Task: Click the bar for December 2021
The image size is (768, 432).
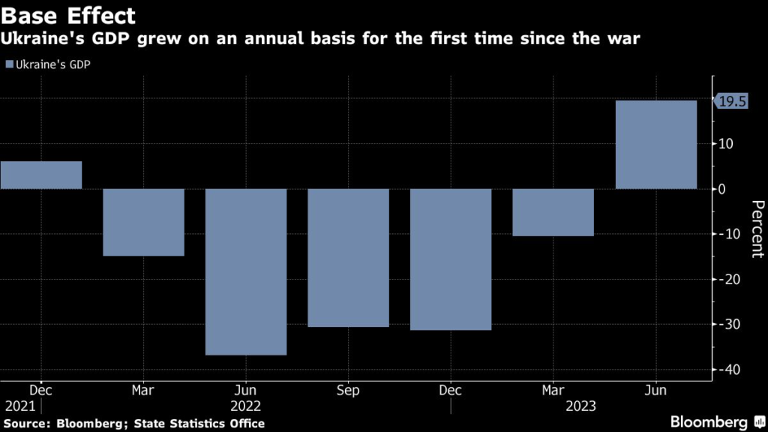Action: pyautogui.click(x=40, y=175)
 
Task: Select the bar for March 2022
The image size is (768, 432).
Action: pyautogui.click(x=143, y=222)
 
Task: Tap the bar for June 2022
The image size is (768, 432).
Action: pyautogui.click(x=246, y=271)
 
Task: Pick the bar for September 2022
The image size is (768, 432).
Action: pyautogui.click(x=348, y=257)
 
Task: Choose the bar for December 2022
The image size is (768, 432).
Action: pyautogui.click(x=451, y=259)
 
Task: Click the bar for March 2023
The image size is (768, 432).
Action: pyautogui.click(x=553, y=212)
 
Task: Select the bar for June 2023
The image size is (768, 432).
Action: pyautogui.click(x=656, y=144)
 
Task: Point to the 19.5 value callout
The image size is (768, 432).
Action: pyautogui.click(x=732, y=103)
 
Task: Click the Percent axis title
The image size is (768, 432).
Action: pyautogui.click(x=757, y=229)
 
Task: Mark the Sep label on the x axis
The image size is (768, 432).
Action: pyautogui.click(x=348, y=390)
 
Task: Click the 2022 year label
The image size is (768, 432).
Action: pyautogui.click(x=246, y=406)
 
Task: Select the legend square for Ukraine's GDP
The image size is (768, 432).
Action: pyautogui.click(x=8, y=64)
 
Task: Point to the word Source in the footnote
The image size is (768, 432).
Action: pyautogui.click(x=25, y=424)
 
